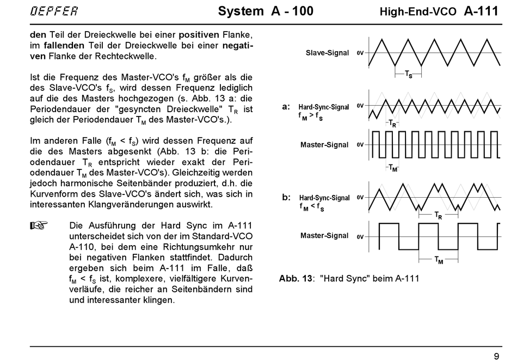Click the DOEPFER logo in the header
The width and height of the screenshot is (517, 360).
pyautogui.click(x=54, y=11)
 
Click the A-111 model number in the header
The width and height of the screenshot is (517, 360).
pyautogui.click(x=481, y=11)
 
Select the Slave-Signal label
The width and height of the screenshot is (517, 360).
pyautogui.click(x=327, y=53)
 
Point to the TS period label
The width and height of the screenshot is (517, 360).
pyautogui.click(x=408, y=74)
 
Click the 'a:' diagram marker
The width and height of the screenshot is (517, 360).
pyautogui.click(x=286, y=107)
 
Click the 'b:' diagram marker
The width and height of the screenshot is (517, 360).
pyautogui.click(x=286, y=197)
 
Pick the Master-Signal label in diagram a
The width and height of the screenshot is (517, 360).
pyautogui.click(x=324, y=145)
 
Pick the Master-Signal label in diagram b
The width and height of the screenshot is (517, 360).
pyautogui.click(x=324, y=235)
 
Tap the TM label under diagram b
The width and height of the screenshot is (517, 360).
pyautogui.click(x=439, y=261)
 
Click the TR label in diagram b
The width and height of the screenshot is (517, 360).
pyautogui.click(x=438, y=216)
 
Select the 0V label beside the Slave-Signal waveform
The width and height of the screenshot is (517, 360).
pyautogui.click(x=360, y=53)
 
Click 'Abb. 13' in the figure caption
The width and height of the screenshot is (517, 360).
pyautogui.click(x=296, y=278)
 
